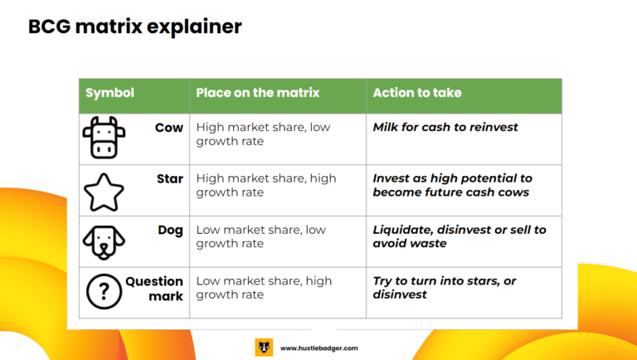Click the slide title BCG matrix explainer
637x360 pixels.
click(x=135, y=27)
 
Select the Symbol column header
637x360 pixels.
click(x=109, y=93)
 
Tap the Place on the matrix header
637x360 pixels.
click(x=258, y=93)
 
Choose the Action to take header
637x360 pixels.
click(x=417, y=93)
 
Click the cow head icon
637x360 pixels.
click(x=104, y=138)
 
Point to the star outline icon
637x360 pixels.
click(x=104, y=192)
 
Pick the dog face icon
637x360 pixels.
click(x=104, y=242)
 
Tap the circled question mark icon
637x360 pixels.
click(x=104, y=291)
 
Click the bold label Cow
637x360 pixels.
click(x=169, y=128)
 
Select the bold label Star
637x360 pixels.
click(x=170, y=179)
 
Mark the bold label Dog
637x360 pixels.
click(x=171, y=231)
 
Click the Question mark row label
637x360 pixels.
click(x=154, y=289)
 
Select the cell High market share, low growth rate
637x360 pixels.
click(x=263, y=134)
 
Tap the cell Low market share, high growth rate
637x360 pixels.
click(x=264, y=288)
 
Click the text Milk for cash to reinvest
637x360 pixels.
click(x=445, y=127)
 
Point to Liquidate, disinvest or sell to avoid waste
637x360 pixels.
click(x=460, y=236)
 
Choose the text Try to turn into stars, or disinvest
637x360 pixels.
click(x=445, y=288)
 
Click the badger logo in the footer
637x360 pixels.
click(x=264, y=348)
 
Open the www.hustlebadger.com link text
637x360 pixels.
click(x=319, y=348)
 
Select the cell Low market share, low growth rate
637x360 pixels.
click(x=260, y=236)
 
